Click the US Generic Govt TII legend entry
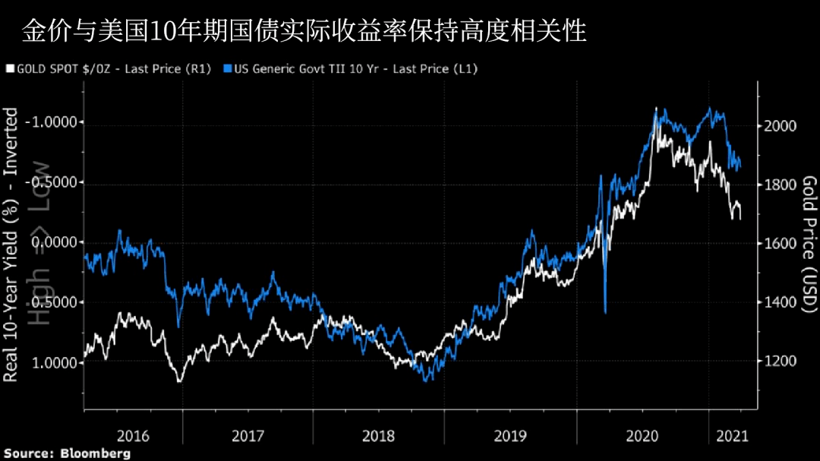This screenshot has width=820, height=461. (x=350, y=69)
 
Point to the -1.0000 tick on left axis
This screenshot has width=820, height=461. (x=54, y=123)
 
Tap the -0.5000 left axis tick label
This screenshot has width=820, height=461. (x=54, y=183)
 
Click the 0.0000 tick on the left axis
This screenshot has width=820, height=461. (x=58, y=243)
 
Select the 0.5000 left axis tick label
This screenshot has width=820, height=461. (x=58, y=303)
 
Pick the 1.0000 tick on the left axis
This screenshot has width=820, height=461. (x=58, y=363)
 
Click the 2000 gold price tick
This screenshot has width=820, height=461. (x=781, y=125)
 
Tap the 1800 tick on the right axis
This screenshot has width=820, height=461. (x=781, y=185)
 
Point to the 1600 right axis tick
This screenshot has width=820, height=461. (x=781, y=244)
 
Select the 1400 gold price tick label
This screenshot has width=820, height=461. (x=781, y=302)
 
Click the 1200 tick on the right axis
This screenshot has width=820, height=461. (x=781, y=362)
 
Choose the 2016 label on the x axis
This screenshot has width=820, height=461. (x=133, y=436)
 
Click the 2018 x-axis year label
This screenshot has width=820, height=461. (x=379, y=436)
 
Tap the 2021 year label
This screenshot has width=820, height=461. (x=730, y=436)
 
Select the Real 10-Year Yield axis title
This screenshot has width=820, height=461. (x=11, y=243)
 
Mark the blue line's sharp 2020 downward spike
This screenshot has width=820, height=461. (x=605, y=310)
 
